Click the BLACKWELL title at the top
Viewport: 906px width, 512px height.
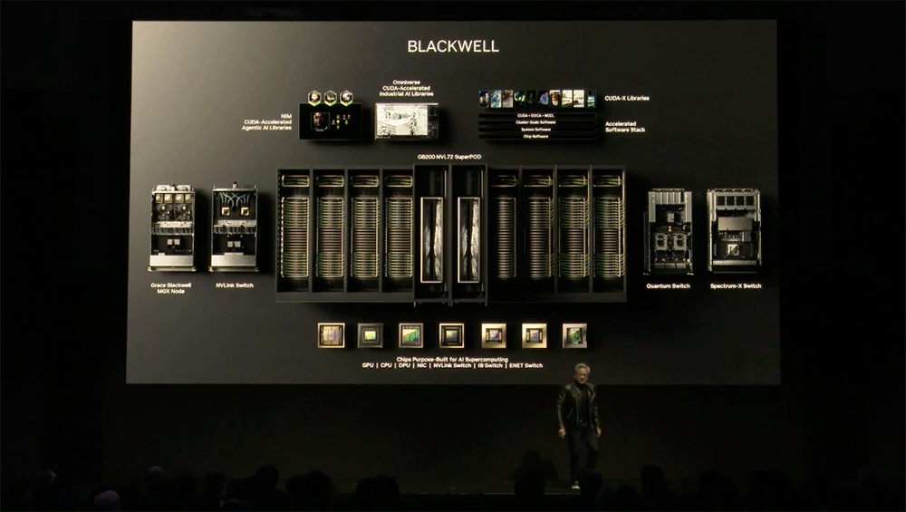[x=453, y=46]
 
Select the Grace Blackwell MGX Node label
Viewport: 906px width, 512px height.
[x=172, y=288]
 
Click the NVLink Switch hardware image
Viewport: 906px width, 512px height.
[x=234, y=229]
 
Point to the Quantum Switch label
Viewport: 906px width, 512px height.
[x=668, y=285]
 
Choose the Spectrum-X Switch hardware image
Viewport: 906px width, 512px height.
[x=734, y=229]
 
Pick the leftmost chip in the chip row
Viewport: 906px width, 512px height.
[x=331, y=335]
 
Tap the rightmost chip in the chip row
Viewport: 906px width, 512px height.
[x=574, y=335]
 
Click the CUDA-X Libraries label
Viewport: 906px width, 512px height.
[x=626, y=98]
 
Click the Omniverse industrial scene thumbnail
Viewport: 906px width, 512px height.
[x=407, y=120]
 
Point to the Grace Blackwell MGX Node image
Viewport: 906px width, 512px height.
[x=172, y=229]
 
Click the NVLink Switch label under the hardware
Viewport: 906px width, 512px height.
[x=234, y=285]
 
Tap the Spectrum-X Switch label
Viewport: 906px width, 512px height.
[x=735, y=285]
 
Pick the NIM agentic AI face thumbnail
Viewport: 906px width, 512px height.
[x=322, y=121]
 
